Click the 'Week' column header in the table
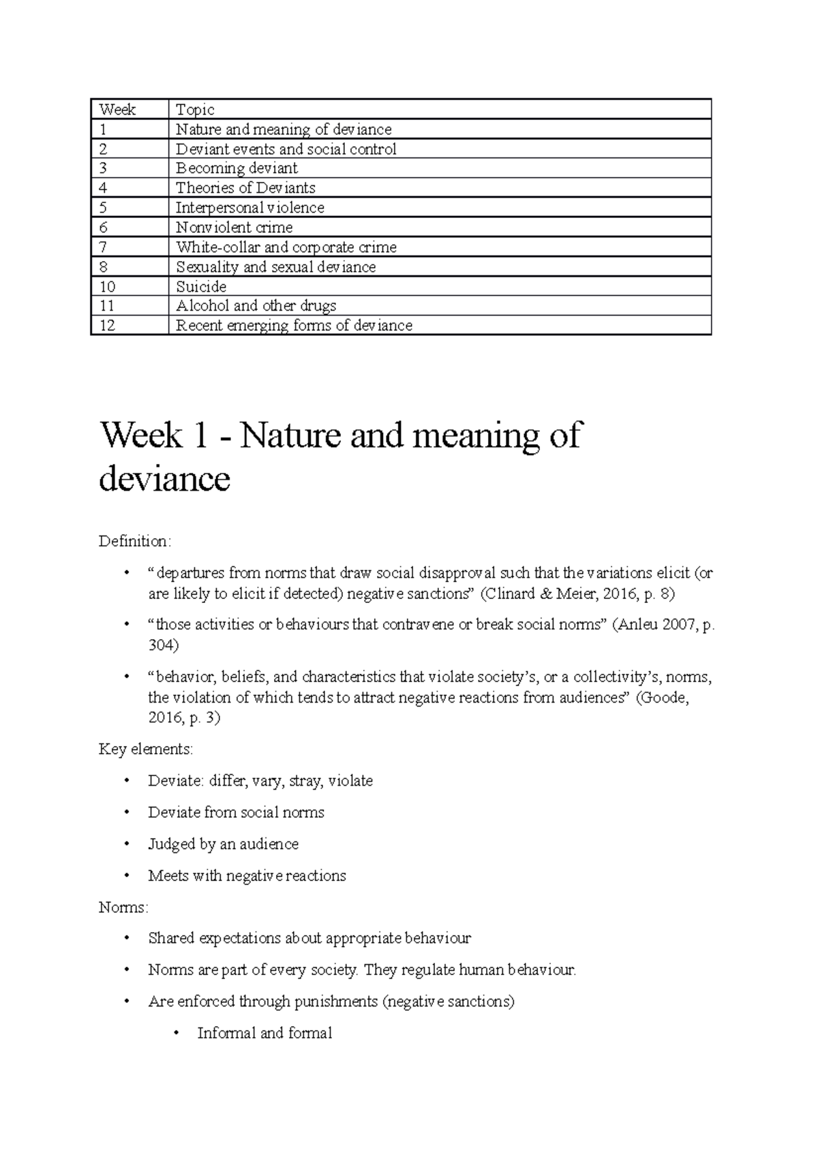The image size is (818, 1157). pyautogui.click(x=117, y=110)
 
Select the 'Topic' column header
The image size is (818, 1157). pyautogui.click(x=195, y=110)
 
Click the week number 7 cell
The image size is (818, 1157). pyautogui.click(x=104, y=247)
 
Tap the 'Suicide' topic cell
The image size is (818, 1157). pyautogui.click(x=201, y=287)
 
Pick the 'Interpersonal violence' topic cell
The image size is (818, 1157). pyautogui.click(x=249, y=208)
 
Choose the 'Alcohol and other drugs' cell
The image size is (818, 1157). pyautogui.click(x=256, y=306)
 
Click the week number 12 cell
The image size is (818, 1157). pyautogui.click(x=108, y=326)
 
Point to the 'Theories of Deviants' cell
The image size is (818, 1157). pyautogui.click(x=245, y=188)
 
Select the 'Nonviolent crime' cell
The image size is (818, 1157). pyautogui.click(x=234, y=228)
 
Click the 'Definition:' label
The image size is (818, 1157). pyautogui.click(x=135, y=542)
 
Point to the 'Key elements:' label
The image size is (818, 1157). pyautogui.click(x=146, y=750)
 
